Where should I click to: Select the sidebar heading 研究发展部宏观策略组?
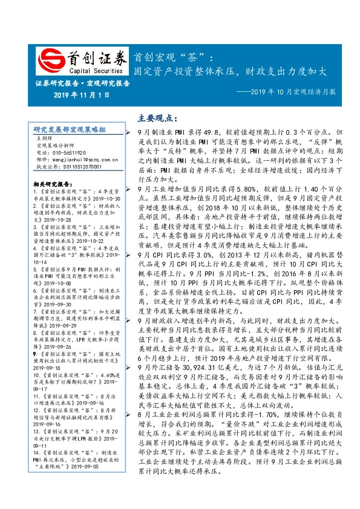70,129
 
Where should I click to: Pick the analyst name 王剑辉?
45,138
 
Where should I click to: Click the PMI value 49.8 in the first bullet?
206,131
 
